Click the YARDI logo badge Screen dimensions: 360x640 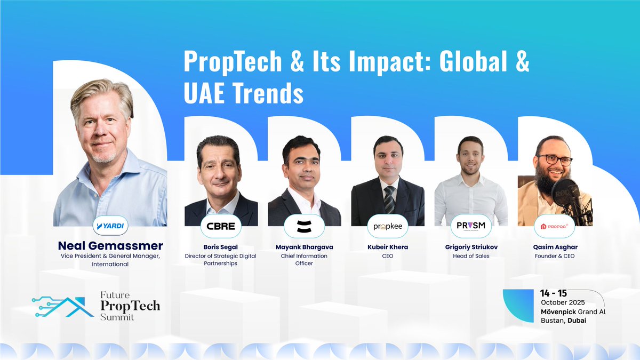click(110, 226)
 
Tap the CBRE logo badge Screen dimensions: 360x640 click(221, 226)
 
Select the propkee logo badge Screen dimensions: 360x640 click(387, 226)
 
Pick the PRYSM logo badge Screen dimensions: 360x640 click(470, 226)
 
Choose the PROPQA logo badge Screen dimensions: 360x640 click(554, 226)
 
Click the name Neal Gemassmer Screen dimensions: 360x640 click(110, 246)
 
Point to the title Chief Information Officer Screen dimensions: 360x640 click(304, 259)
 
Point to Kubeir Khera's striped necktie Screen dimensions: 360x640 click(389, 198)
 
